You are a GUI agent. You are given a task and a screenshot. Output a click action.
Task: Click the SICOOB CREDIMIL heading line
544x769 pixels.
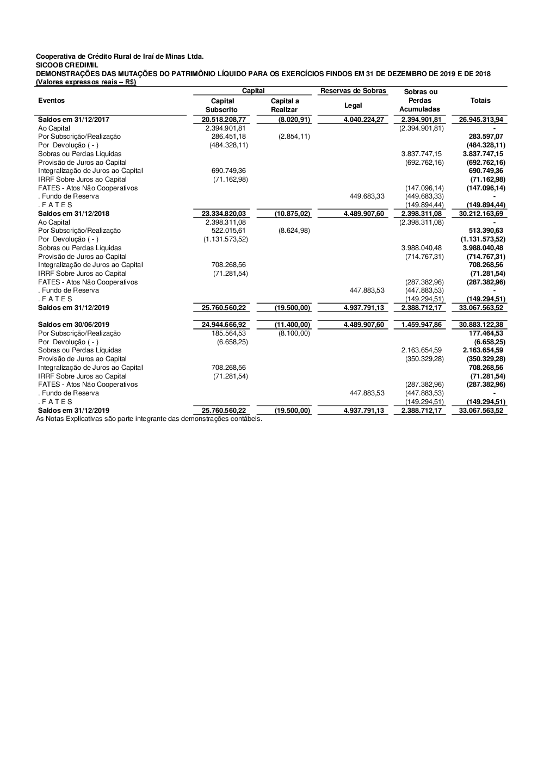tap(67, 65)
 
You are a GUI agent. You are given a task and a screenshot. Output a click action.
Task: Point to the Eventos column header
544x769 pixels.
tap(51, 101)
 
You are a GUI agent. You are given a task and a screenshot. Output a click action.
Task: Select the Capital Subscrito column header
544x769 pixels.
tap(222, 105)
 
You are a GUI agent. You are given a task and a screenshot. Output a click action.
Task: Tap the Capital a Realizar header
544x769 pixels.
tap(285, 105)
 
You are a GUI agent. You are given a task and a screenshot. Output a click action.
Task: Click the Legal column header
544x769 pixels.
tap(353, 105)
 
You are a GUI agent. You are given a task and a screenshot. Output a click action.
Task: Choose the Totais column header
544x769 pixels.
tap(480, 101)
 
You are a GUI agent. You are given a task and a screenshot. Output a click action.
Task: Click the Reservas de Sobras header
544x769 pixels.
tap(353, 91)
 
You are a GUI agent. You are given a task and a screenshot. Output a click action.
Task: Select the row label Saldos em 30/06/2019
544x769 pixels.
tap(73, 325)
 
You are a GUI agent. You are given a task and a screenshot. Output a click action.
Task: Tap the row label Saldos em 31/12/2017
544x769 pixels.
tap(73, 119)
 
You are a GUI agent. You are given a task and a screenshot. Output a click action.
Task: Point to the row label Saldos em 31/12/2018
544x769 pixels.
tap(73, 214)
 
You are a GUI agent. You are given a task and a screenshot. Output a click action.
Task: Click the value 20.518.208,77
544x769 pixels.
tap(224, 119)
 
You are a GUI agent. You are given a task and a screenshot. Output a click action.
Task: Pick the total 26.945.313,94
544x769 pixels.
tap(481, 119)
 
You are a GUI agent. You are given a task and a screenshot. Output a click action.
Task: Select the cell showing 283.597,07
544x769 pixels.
tap(486, 137)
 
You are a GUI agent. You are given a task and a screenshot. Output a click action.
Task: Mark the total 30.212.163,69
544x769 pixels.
tap(481, 214)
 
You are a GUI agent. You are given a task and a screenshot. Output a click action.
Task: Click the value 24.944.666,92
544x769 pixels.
tap(224, 325)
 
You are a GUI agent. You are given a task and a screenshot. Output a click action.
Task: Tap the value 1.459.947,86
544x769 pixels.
tap(421, 325)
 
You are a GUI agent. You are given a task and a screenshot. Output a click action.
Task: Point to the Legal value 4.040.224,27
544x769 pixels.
tap(364, 119)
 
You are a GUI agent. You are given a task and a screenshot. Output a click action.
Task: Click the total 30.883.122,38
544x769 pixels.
tap(481, 325)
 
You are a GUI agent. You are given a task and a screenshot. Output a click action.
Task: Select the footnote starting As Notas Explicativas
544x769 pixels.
tap(149, 419)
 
